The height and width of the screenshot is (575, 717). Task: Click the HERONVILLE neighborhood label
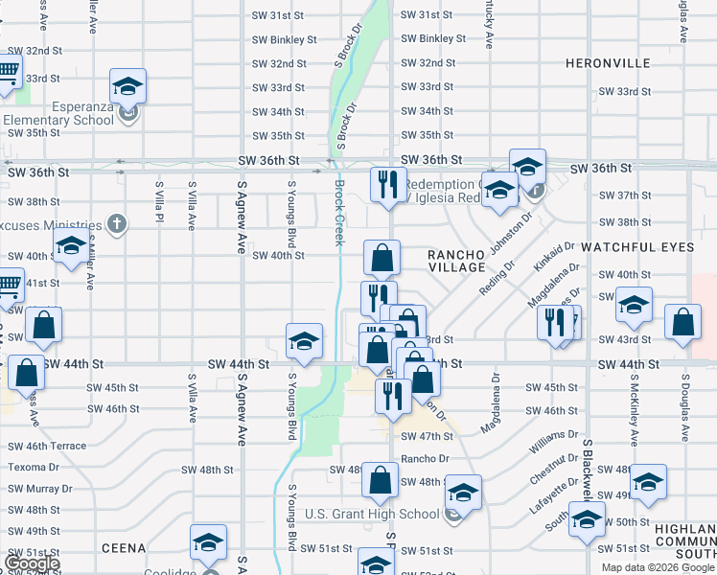609,63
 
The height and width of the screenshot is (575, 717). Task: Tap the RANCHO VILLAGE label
457,261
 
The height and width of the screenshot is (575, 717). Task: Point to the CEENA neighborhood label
124,548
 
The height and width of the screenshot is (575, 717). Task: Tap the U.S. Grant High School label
372,514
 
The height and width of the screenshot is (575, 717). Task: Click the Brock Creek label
338,213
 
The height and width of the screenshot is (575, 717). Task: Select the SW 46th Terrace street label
47,446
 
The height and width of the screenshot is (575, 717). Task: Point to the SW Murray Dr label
37,489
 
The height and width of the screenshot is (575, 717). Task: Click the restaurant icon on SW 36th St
388,184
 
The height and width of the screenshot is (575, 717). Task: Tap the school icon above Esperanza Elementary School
127,87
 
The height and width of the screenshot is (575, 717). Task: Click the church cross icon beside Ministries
117,224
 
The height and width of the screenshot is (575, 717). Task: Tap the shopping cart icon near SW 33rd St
8,72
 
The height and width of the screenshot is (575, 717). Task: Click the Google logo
32,563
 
